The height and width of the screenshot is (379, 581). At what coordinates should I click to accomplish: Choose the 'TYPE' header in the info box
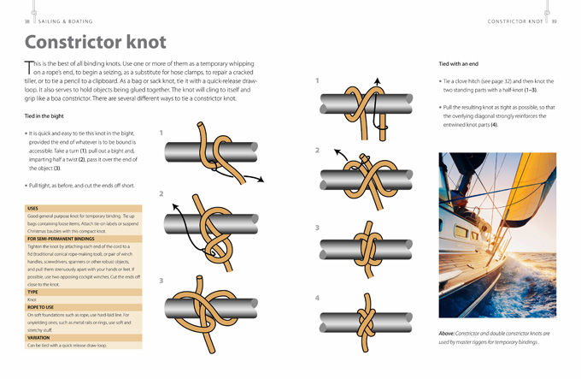coord(32,292)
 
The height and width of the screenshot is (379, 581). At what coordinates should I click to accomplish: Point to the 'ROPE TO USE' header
coord(40,306)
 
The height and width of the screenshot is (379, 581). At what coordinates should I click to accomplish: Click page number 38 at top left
coord(27,21)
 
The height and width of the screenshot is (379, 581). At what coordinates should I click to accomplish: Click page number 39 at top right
coord(554,21)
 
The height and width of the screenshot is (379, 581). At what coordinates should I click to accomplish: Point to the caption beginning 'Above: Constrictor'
coord(496,337)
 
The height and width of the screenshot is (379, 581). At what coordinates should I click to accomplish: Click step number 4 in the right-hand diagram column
coord(317,298)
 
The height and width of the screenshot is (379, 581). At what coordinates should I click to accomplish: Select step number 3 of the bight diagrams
coord(161,281)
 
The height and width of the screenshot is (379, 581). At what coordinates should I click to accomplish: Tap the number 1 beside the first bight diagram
coord(161,133)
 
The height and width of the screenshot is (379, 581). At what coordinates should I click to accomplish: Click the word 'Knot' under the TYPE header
coord(32,299)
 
